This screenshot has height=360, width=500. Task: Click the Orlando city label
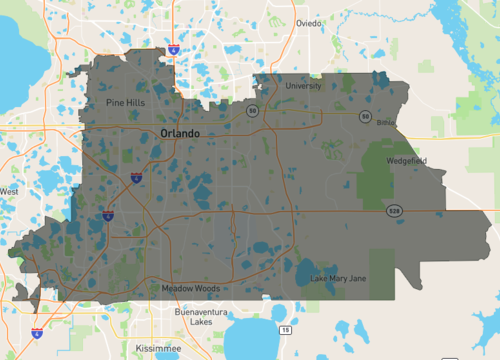pos(180,133)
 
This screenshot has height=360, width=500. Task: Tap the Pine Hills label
pos(127,102)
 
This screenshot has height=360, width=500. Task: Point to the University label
pos(304,86)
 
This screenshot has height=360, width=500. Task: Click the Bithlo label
pos(386,123)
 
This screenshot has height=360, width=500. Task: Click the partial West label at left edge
pos(9,191)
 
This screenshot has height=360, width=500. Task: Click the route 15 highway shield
pos(286,330)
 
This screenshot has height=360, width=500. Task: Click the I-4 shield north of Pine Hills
pos(174,47)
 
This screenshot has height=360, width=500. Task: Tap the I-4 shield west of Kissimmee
pos(37,333)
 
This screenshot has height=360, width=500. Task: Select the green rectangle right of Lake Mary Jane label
pos(384,272)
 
